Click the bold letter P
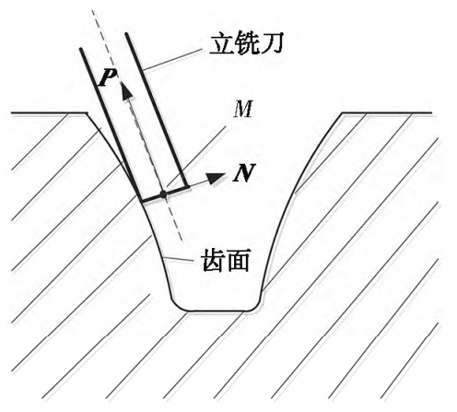click(107, 77)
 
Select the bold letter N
click(244, 173)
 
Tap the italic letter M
click(243, 110)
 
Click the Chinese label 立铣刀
click(246, 44)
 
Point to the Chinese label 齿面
click(226, 261)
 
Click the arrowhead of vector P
click(126, 92)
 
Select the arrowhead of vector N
click(215, 178)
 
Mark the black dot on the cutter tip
click(163, 194)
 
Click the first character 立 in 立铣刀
click(221, 44)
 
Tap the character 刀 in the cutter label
click(271, 44)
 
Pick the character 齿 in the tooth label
click(214, 261)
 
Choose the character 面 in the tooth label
click(238, 261)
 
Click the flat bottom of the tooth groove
click(217, 311)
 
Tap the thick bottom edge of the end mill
click(164, 194)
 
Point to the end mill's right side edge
click(156, 110)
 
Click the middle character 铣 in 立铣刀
click(247, 44)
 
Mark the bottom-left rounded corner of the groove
click(178, 306)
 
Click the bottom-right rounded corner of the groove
click(255, 306)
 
